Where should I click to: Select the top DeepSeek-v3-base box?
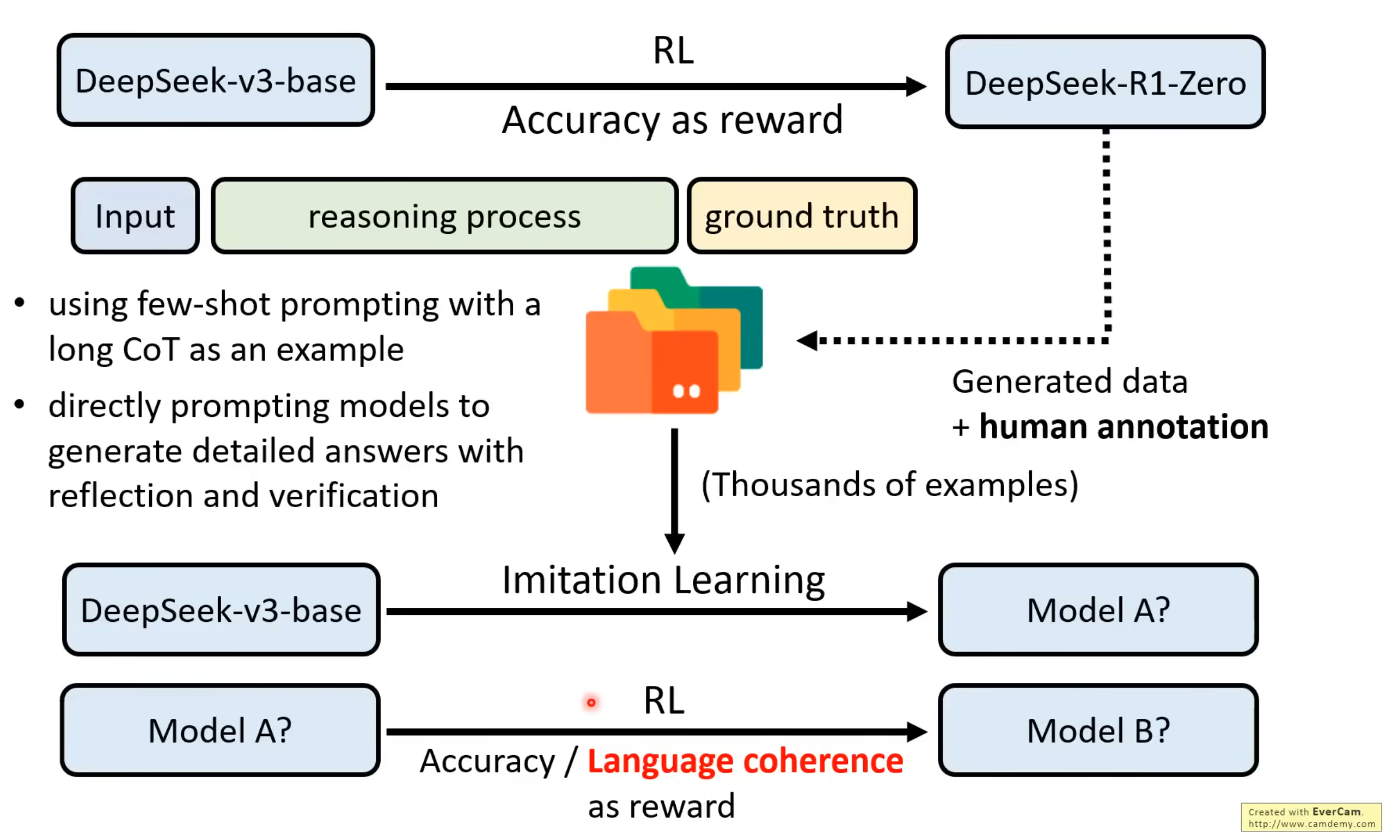(x=216, y=80)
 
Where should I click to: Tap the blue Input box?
(x=135, y=215)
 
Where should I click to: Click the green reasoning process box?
(x=444, y=215)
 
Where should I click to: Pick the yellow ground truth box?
(x=801, y=215)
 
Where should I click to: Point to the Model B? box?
(x=1098, y=730)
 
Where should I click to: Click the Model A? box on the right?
(x=1098, y=610)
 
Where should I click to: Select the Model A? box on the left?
(x=220, y=730)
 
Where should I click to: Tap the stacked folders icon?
(x=674, y=341)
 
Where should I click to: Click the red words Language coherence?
(x=745, y=761)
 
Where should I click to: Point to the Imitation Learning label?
(x=663, y=580)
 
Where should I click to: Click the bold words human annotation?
(x=1123, y=426)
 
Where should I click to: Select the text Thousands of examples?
(x=889, y=484)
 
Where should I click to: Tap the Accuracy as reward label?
(x=672, y=120)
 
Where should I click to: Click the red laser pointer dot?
(x=591, y=702)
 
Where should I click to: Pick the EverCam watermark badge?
(x=1311, y=817)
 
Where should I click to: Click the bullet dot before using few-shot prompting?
(x=20, y=303)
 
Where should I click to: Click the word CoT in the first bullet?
(x=151, y=349)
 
